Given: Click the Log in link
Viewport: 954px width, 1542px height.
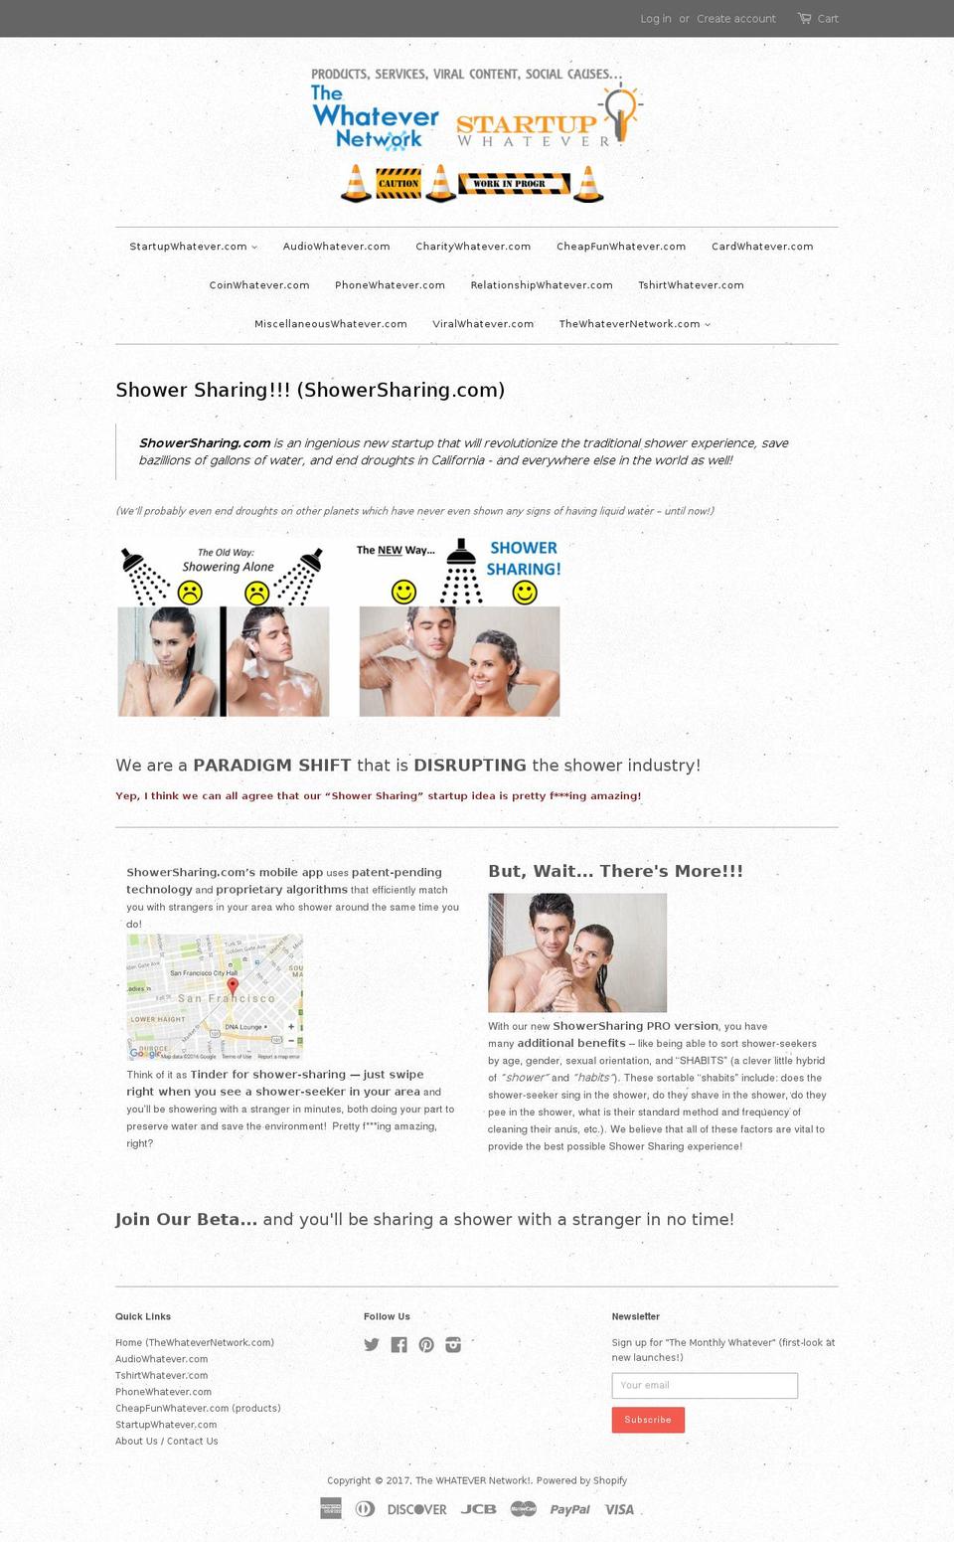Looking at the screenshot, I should tap(655, 19).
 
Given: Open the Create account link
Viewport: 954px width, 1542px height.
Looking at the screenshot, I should tap(735, 19).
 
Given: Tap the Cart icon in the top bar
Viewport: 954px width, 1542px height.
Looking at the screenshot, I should tap(804, 18).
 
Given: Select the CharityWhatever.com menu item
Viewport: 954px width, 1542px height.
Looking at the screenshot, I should tap(473, 247).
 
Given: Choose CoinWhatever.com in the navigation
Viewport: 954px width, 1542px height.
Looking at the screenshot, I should tap(259, 285).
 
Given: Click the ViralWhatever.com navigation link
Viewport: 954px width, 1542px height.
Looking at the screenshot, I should tap(483, 324).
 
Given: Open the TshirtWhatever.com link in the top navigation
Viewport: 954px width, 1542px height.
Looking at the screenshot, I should tap(691, 285).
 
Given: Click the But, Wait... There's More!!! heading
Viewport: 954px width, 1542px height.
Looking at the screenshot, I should tap(615, 871).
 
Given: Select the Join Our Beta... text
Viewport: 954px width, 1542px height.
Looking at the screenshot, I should tap(186, 1219).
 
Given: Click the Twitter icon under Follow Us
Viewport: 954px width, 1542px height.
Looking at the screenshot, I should tap(372, 1345).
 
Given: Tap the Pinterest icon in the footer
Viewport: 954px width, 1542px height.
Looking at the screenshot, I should tap(426, 1345).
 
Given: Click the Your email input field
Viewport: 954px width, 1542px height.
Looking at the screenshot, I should tap(705, 1385).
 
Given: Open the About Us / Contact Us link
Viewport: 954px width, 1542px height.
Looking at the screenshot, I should tap(166, 1441).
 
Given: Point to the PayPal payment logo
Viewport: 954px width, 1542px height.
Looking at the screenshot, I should tap(569, 1509).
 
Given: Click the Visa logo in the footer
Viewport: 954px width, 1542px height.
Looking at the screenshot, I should tap(619, 1509).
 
